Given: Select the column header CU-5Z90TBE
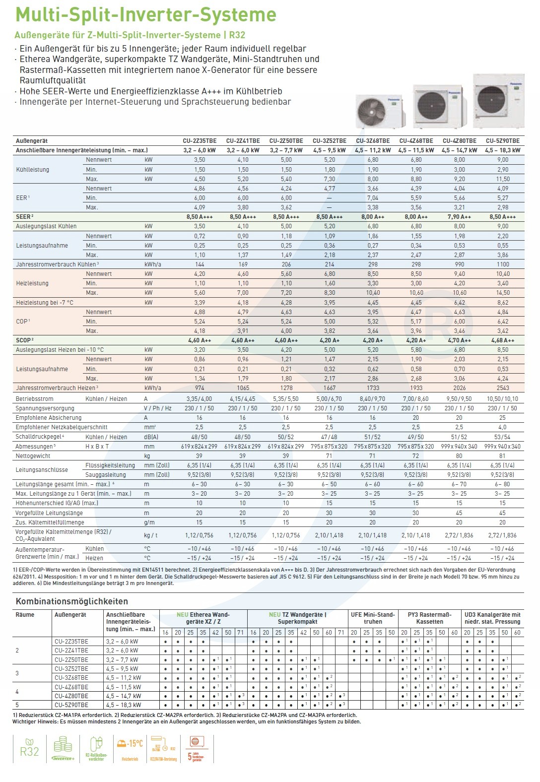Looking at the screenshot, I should pyautogui.click(x=502, y=141).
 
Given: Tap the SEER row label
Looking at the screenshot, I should pyautogui.click(x=25, y=217).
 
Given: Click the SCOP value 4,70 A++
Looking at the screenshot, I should pyautogui.click(x=459, y=340).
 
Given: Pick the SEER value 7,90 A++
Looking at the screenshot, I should pyautogui.click(x=459, y=217).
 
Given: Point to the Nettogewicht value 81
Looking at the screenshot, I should pyautogui.click(x=502, y=456).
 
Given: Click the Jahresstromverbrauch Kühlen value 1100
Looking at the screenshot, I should pyautogui.click(x=502, y=264).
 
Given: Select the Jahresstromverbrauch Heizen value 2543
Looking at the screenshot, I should pyautogui.click(x=502, y=388).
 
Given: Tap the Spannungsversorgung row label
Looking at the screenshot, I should pyautogui.click(x=45, y=408).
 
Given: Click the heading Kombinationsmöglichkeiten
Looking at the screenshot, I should pyautogui.click(x=72, y=601).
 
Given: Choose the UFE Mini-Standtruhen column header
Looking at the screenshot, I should pyautogui.click(x=373, y=618).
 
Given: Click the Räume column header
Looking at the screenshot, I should pyautogui.click(x=25, y=615).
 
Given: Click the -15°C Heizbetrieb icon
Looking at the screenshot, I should pyautogui.click(x=129, y=746).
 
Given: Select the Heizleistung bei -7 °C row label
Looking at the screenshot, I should pyautogui.click(x=45, y=302).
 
